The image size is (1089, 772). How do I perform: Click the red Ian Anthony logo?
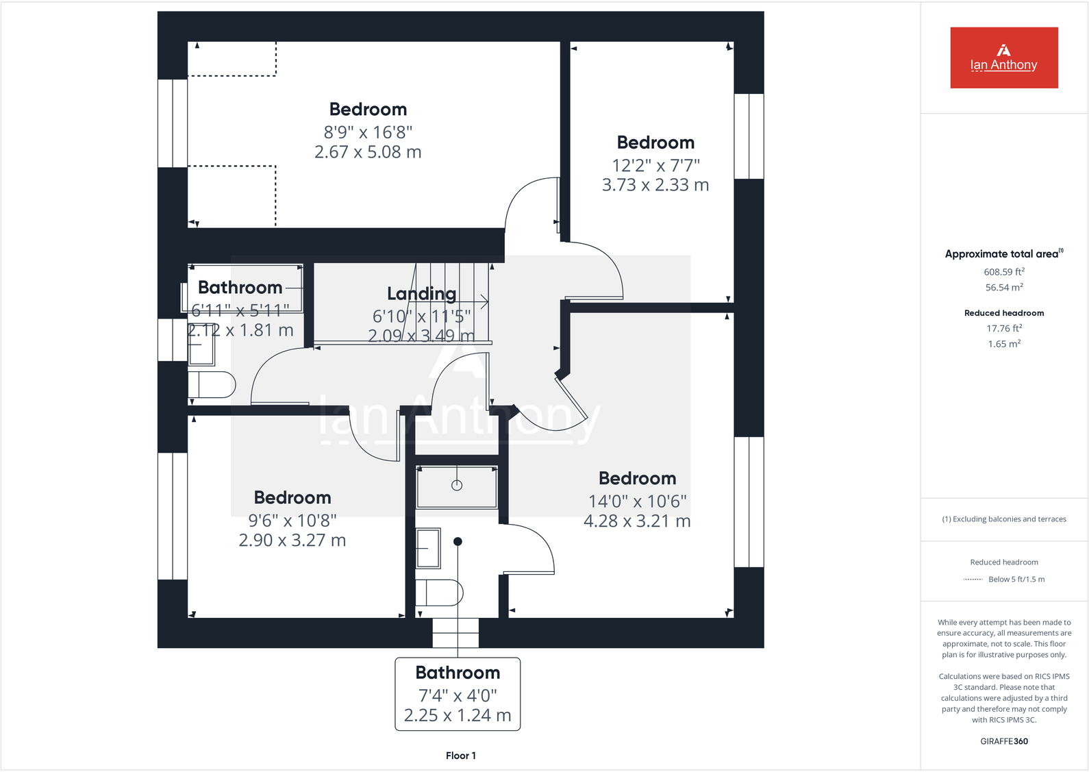[1003, 58]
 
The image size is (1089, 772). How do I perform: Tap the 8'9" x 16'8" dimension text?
[368, 132]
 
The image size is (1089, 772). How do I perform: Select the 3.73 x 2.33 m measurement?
[655, 185]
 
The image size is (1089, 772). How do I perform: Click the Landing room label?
[421, 294]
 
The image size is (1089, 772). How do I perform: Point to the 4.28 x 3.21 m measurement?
[637, 521]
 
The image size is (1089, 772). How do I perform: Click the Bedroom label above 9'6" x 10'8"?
[292, 497]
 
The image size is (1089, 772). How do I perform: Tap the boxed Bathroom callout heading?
[458, 673]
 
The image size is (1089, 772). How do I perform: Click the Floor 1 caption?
[460, 756]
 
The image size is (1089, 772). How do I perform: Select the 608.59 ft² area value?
[1003, 272]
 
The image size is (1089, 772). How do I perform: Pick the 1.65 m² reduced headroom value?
[1003, 344]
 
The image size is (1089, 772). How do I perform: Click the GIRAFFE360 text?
[1003, 741]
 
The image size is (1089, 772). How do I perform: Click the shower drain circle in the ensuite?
[457, 485]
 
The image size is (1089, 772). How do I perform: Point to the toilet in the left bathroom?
[214, 385]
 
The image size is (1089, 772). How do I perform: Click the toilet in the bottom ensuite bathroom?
[441, 593]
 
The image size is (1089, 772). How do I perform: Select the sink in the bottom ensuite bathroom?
[429, 548]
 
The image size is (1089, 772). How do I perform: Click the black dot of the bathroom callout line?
[458, 541]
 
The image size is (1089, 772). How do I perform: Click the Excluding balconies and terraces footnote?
[1003, 519]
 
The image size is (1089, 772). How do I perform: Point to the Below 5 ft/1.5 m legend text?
[1016, 580]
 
